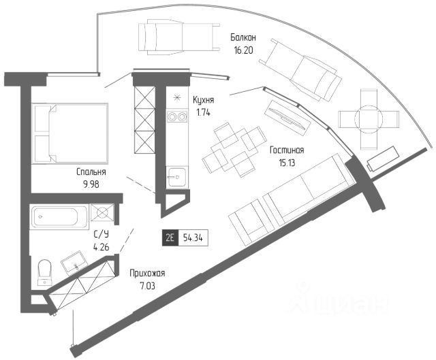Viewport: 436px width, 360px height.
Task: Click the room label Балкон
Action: (x=244, y=37)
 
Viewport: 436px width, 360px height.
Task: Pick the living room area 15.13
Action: (x=287, y=163)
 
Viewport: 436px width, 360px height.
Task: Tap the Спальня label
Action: (x=91, y=173)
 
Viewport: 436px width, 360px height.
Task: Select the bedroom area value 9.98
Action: (x=91, y=185)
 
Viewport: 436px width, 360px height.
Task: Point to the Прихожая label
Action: (x=147, y=274)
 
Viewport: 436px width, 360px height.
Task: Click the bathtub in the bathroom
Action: (x=60, y=217)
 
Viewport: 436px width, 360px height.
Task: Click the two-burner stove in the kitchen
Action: (x=177, y=117)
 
